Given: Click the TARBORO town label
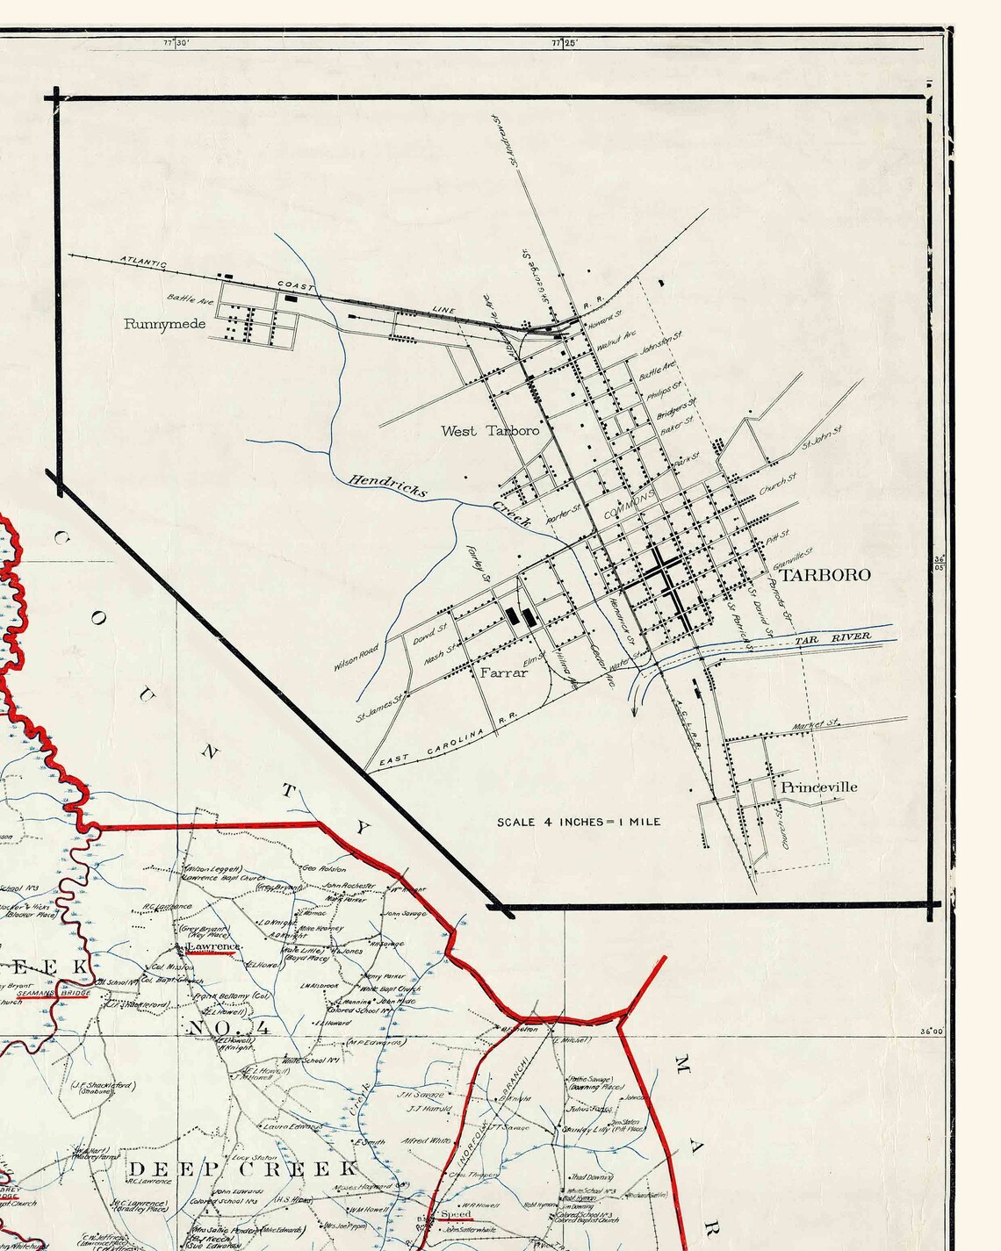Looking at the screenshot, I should [825, 575].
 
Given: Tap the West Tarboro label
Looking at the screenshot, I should [490, 431].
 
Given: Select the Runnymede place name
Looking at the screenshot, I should [164, 324].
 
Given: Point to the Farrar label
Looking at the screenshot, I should [504, 672].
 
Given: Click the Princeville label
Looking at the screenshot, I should [818, 787].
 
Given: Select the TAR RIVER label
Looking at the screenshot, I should [833, 638].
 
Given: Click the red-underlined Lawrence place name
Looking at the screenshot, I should [212, 946].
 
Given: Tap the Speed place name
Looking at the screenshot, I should [456, 1214].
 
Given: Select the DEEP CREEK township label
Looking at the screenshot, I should [243, 1168].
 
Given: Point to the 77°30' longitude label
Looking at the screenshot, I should [176, 41].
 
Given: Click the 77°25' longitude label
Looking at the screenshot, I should [565, 41].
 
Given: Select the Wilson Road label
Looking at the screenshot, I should [356, 658].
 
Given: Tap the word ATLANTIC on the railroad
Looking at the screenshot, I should [143, 262].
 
